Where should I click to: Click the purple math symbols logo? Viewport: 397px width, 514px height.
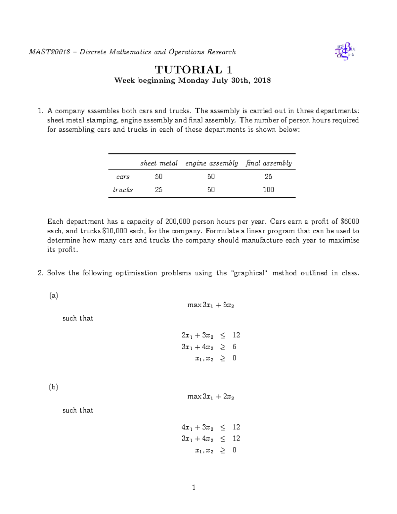(x=345, y=51)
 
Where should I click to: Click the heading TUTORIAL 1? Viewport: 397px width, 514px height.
(x=194, y=70)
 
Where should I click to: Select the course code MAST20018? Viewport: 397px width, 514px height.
(x=50, y=52)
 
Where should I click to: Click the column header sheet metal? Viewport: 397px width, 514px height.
(x=159, y=163)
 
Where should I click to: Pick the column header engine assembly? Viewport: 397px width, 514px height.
(x=211, y=163)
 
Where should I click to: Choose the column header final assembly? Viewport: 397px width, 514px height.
(x=269, y=163)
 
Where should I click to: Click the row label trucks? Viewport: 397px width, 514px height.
(x=123, y=190)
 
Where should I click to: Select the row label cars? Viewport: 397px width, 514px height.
(x=123, y=177)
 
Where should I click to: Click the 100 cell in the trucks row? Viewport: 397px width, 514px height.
(x=268, y=190)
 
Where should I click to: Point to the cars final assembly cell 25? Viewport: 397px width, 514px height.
(x=268, y=177)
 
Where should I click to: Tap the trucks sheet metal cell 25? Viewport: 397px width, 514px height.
(x=159, y=190)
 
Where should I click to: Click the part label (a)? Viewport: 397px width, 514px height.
(x=53, y=296)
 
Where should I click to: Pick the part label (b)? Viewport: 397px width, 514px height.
(x=53, y=387)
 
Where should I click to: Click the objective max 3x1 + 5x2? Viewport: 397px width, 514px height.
(x=210, y=305)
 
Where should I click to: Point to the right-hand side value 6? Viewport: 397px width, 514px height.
(x=234, y=347)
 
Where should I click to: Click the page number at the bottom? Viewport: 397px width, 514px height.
(x=194, y=487)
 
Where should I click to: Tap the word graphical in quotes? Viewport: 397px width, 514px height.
(x=249, y=273)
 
